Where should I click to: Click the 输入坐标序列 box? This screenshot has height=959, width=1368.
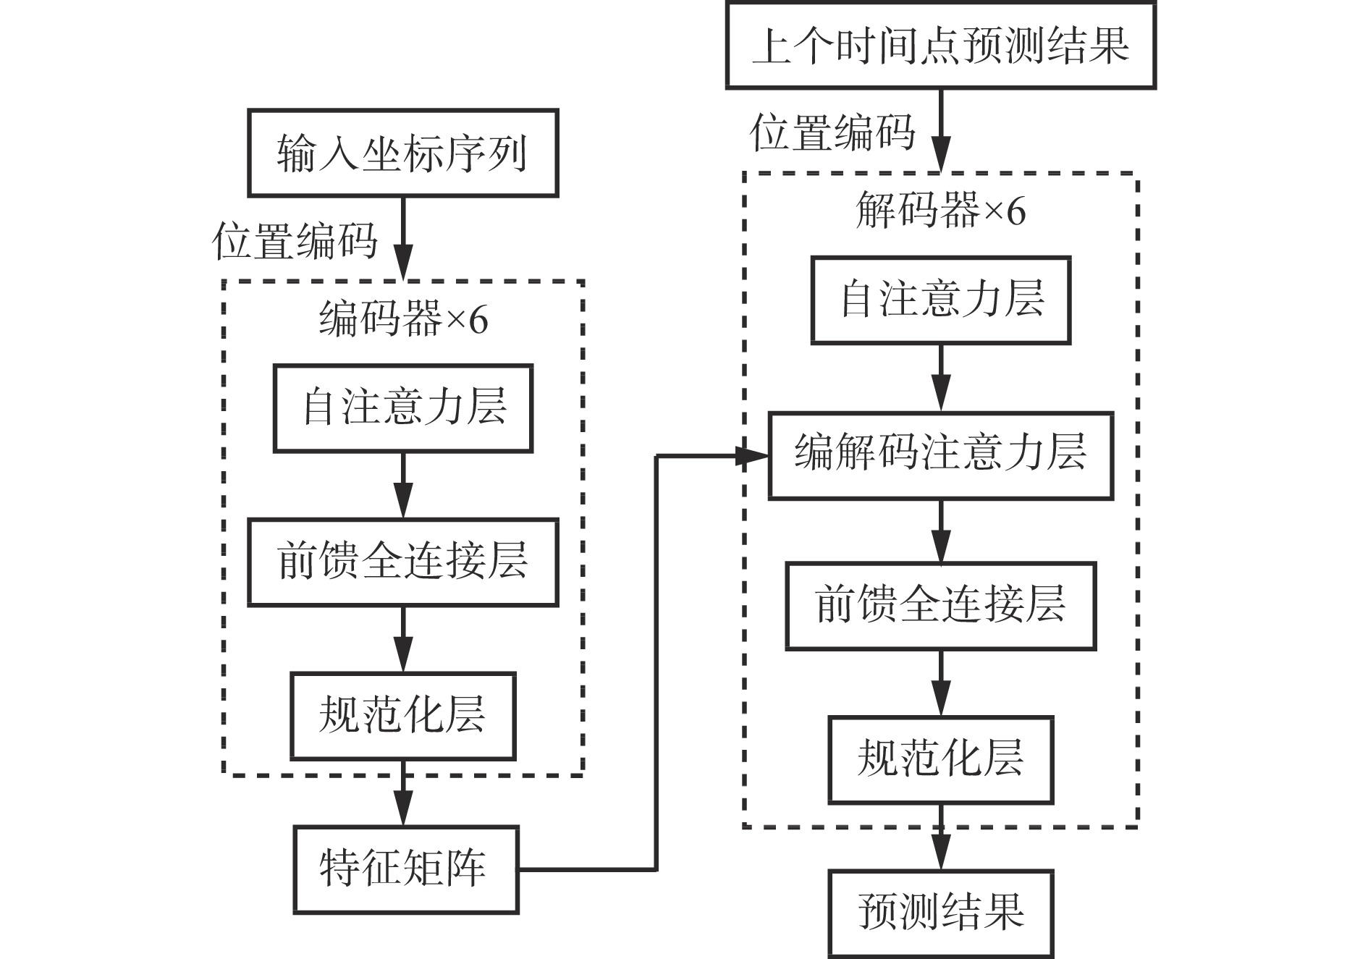click(402, 153)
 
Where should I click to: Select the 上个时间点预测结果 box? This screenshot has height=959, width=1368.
click(940, 46)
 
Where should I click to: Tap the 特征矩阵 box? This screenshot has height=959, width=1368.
click(405, 869)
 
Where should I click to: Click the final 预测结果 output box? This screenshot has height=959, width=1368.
click(940, 913)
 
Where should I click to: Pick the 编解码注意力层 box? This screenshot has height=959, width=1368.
click(940, 455)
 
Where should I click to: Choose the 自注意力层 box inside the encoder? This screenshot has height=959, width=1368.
click(403, 408)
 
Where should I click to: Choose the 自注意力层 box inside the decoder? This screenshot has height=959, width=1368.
click(940, 300)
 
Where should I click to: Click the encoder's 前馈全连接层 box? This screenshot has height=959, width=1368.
click(403, 562)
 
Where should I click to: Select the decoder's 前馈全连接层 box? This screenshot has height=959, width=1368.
click(940, 606)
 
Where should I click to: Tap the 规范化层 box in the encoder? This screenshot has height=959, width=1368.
click(403, 716)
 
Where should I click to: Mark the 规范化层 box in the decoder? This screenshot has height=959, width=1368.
click(940, 760)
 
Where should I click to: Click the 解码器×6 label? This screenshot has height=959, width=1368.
click(940, 211)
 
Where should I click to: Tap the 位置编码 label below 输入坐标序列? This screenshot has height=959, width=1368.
click(295, 241)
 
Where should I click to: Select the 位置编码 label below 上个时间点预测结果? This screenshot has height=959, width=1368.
click(832, 133)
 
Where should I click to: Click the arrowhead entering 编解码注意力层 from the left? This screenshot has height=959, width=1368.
click(753, 456)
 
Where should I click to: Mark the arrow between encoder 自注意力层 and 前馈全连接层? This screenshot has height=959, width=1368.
click(403, 486)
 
